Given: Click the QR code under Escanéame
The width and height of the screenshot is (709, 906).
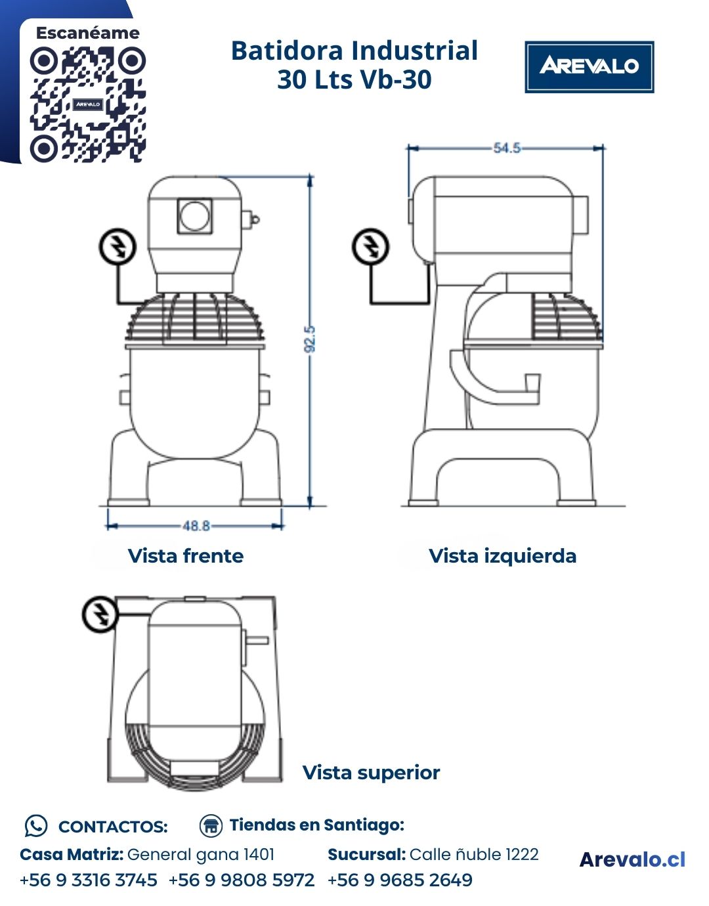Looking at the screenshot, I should (87, 104).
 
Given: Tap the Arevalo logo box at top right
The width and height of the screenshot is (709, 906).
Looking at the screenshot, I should (589, 67).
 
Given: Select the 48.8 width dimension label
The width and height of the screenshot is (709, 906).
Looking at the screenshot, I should (196, 526).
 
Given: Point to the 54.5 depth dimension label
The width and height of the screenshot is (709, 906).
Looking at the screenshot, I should (506, 148).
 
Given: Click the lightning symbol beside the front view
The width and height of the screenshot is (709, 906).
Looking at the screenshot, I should (118, 247).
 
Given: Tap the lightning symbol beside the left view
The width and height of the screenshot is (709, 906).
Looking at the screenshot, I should (371, 247).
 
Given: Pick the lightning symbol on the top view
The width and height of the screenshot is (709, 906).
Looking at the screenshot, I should (100, 615).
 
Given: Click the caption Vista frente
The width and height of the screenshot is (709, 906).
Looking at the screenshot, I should (186, 556).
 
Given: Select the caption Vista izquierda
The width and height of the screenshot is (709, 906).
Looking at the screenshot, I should (502, 556).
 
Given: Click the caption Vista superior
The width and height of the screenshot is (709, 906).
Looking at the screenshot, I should (371, 773).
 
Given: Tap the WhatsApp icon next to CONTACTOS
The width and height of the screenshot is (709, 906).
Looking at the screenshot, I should (36, 826).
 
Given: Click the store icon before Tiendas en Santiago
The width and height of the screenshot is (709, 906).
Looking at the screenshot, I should (211, 825).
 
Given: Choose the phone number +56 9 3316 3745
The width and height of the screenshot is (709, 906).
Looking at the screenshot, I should (89, 880).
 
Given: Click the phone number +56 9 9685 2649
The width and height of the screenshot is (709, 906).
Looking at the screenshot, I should (400, 880).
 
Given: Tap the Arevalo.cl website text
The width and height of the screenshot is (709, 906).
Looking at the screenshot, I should (632, 859).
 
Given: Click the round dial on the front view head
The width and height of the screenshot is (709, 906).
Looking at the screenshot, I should (195, 216).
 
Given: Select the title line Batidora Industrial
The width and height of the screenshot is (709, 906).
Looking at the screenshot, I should (354, 51).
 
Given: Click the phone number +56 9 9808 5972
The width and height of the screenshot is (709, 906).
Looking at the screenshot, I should (242, 880).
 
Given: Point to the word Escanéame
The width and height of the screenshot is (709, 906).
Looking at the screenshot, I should (87, 33).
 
